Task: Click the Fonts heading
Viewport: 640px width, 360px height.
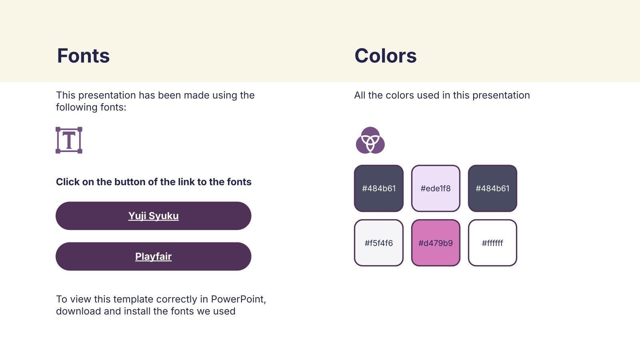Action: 83,56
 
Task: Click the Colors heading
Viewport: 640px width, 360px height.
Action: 386,56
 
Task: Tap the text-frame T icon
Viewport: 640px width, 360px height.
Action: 69,140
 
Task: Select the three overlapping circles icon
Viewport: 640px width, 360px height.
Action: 370,140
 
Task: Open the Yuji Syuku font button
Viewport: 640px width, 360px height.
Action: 154,216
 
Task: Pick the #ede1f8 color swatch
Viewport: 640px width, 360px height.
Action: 436,188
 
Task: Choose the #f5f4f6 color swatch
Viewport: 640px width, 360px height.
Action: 379,243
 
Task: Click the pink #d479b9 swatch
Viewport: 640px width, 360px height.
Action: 436,243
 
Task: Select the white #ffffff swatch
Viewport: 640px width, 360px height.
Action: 492,243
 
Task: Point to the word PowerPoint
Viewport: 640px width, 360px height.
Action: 238,299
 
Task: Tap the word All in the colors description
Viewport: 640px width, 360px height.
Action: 360,95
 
